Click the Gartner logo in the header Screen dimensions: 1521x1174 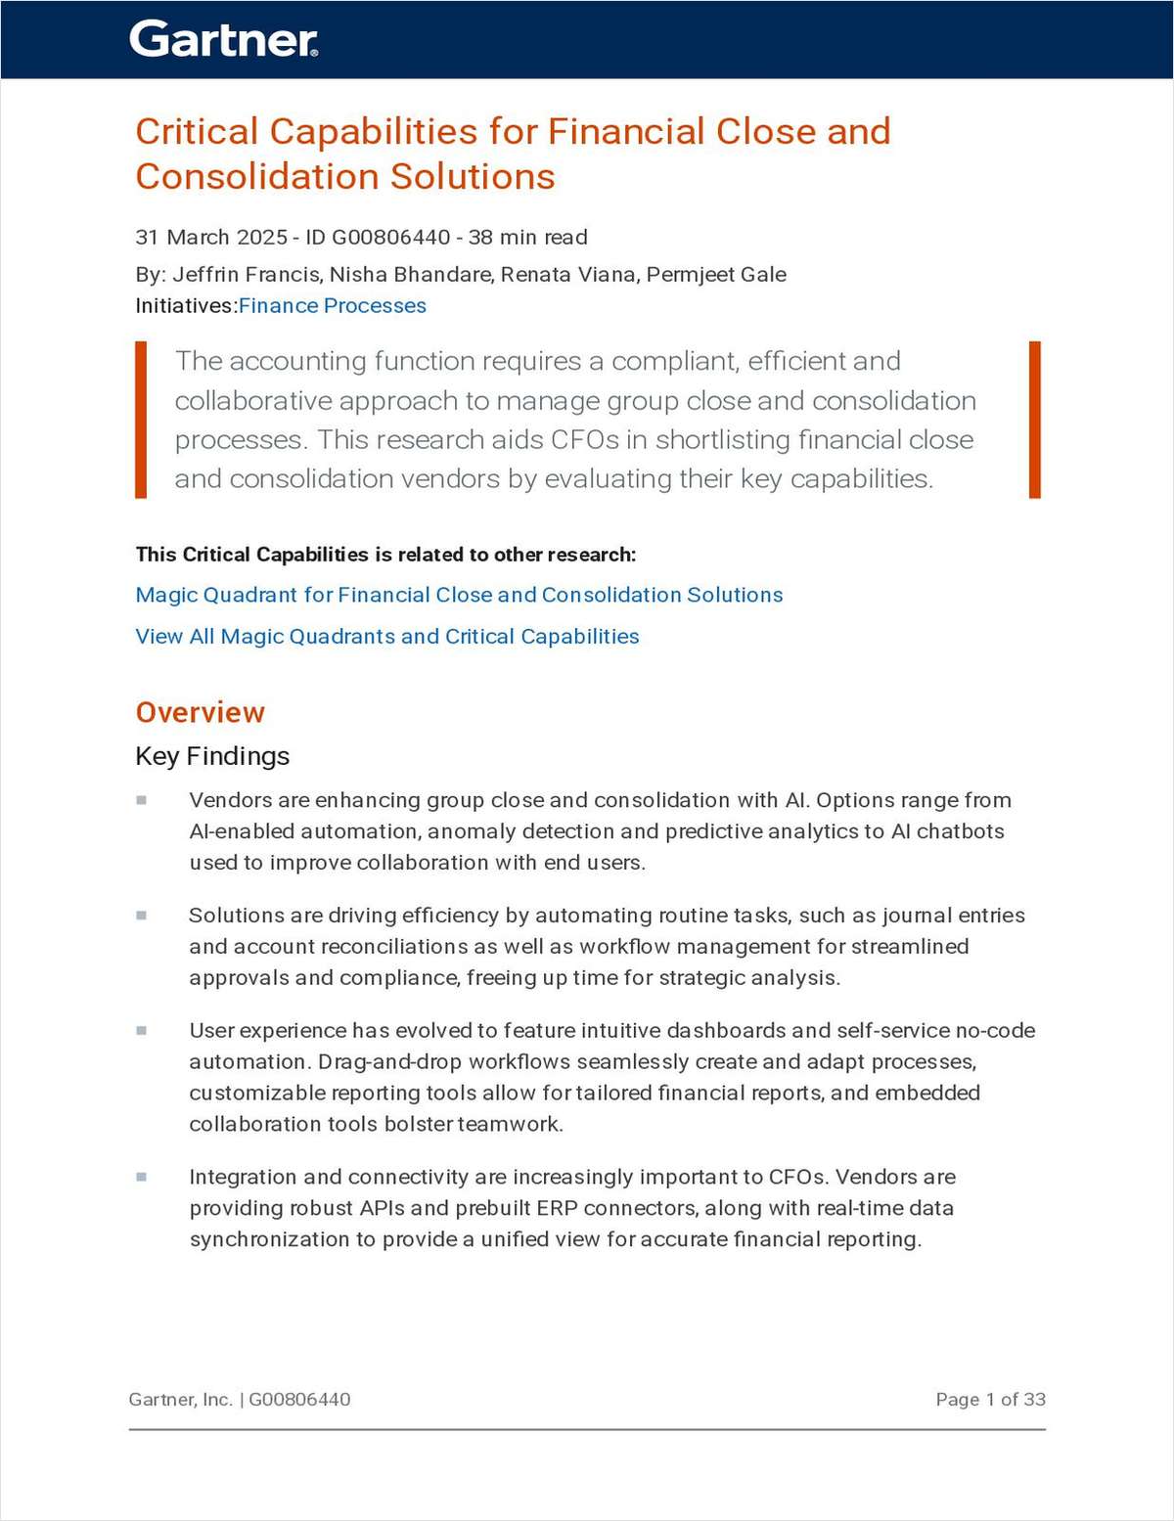(223, 39)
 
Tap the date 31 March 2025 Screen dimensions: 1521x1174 (211, 238)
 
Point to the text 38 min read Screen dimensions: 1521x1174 (528, 238)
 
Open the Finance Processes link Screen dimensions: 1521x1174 (333, 306)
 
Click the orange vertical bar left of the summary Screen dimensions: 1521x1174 (141, 420)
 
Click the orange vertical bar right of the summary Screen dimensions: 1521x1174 (1035, 420)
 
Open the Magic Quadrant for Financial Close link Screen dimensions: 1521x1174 (459, 595)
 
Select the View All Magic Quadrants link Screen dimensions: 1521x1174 (387, 637)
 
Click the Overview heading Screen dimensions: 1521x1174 (201, 712)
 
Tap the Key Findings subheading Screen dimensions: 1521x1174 (212, 756)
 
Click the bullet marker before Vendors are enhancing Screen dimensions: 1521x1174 (142, 800)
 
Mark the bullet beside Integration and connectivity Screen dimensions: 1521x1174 (142, 1177)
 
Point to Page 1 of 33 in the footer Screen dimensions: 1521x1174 (990, 1400)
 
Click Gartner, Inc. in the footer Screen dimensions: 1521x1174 (180, 1400)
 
